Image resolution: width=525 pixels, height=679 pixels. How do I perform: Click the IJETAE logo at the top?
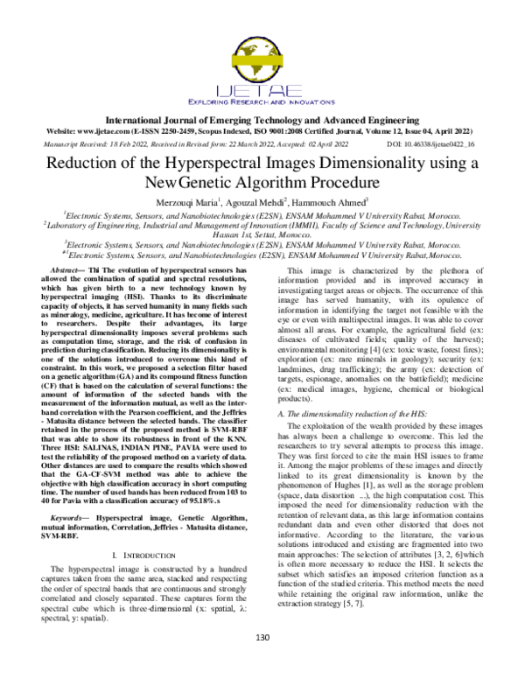pyautogui.click(x=262, y=70)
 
